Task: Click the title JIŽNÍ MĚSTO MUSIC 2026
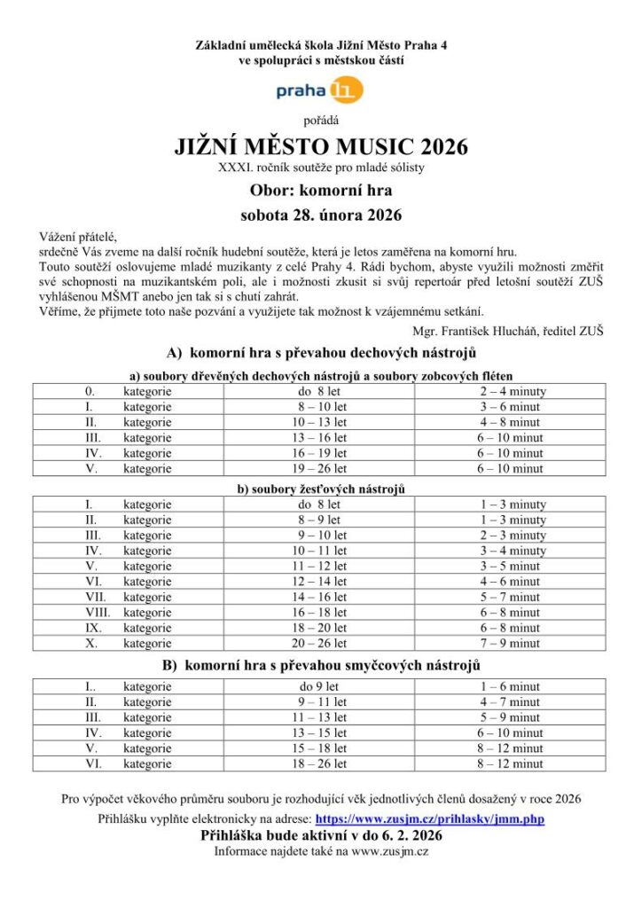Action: pos(320,145)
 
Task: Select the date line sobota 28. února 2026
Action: pos(320,215)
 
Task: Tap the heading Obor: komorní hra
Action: pos(320,189)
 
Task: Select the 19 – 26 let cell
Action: pos(320,469)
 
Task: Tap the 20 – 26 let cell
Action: pos(320,644)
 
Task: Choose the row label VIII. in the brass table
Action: pos(97,612)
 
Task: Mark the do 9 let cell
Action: pos(320,686)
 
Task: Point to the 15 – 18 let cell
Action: pos(320,748)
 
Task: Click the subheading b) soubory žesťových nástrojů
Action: pos(320,489)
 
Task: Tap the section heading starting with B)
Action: pos(320,665)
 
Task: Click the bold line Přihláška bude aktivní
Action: pos(320,835)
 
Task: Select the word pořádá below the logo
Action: pos(320,118)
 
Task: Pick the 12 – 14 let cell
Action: pos(320,582)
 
